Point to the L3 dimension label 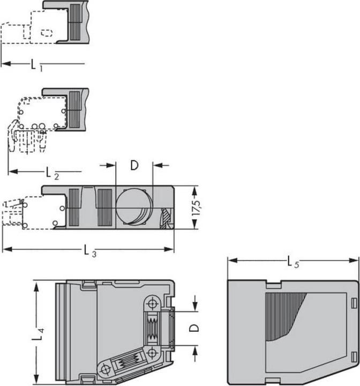coord(89,250)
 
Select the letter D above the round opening coord(134,165)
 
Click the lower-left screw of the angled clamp coord(104,369)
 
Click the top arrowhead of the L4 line coord(36,284)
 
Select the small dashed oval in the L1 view coord(47,33)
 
